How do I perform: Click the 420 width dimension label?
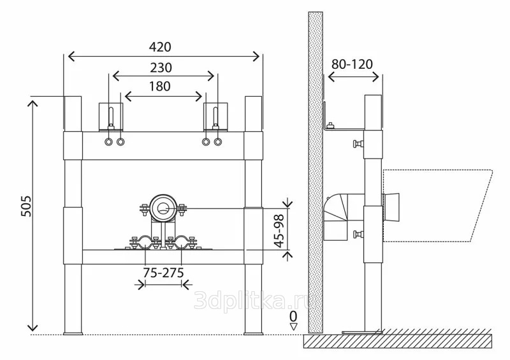(160, 47)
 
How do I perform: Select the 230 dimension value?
(161, 68)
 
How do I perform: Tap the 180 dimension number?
(160, 86)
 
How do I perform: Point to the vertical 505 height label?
(26, 206)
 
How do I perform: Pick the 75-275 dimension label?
(164, 273)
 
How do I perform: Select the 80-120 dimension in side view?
(353, 64)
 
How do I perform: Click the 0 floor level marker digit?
(293, 316)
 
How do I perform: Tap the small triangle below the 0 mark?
(293, 326)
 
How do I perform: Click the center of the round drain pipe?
(163, 208)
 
